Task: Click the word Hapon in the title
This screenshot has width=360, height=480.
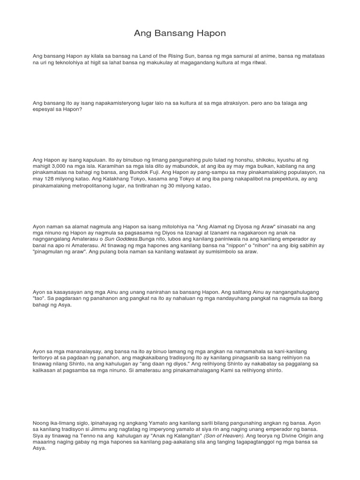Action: (210, 33)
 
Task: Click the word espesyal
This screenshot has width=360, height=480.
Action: (44, 109)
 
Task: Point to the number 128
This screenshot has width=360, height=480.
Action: (48, 179)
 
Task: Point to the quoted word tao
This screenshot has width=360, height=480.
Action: (39, 298)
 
